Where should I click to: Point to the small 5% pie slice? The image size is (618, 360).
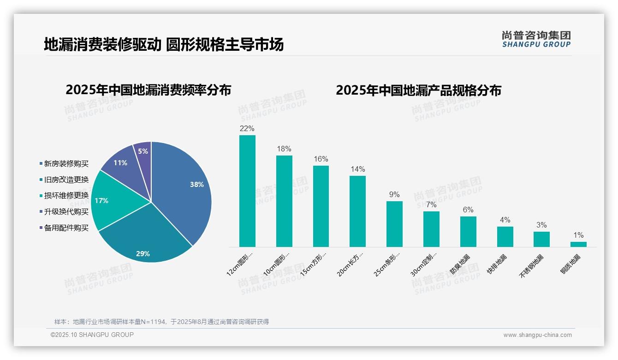pos(143,151)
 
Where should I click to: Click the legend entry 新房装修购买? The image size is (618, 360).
pos(66,163)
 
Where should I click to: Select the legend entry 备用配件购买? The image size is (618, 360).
pos(66,228)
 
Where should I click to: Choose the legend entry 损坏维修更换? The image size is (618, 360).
pos(66,195)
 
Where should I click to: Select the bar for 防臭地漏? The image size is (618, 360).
pos(468,232)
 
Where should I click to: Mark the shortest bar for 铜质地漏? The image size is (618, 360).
pos(578,244)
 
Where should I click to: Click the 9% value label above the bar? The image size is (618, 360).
pos(394,195)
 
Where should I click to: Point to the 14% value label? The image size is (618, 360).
pos(357,169)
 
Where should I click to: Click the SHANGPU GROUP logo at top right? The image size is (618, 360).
pos(536,39)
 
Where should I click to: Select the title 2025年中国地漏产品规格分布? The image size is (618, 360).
pos(418,90)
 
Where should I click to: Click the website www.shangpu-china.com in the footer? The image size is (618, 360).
pos(537,335)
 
